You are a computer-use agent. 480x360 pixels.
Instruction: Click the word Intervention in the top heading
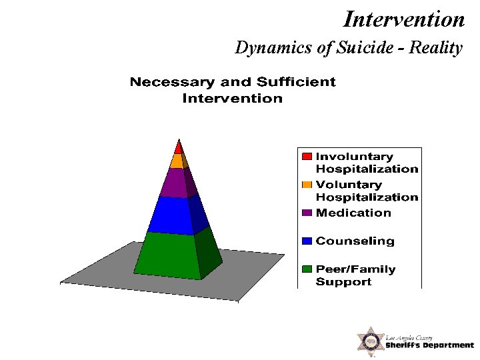(403, 19)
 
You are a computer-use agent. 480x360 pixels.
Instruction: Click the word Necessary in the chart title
(172, 82)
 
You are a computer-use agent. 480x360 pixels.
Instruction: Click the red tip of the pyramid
(178, 147)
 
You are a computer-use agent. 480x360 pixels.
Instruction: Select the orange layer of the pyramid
(177, 161)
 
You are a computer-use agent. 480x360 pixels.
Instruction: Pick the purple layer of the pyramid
(175, 183)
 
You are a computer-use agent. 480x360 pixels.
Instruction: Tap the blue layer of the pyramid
(171, 215)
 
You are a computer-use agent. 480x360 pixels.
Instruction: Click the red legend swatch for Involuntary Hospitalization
(307, 157)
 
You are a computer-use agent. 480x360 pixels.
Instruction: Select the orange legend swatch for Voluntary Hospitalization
(307, 185)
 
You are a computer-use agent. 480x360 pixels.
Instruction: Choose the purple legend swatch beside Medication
(307, 213)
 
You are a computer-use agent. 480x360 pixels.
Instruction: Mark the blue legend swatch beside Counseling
(307, 241)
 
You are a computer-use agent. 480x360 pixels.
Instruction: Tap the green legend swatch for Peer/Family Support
(307, 269)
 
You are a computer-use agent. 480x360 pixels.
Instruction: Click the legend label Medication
(353, 213)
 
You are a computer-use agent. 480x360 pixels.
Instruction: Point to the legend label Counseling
(355, 241)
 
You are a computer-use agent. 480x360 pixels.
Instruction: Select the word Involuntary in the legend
(354, 157)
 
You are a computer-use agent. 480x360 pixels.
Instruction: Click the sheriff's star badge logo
(369, 341)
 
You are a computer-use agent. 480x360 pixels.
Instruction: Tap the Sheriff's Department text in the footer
(429, 345)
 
